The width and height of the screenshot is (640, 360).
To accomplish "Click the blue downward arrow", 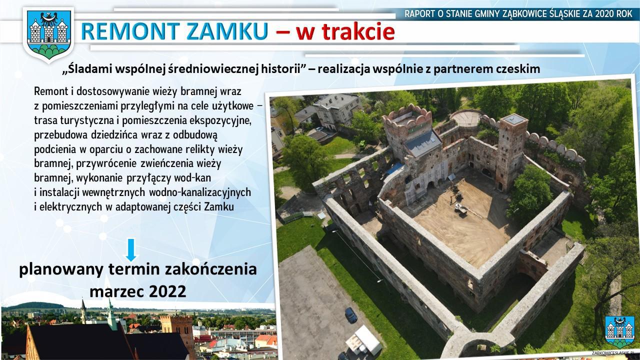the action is click(131, 249).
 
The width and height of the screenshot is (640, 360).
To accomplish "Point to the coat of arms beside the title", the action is click(48, 34).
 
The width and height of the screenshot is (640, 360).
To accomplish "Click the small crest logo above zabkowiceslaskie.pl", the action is click(619, 331).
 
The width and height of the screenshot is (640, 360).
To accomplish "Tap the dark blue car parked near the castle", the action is click(351, 315).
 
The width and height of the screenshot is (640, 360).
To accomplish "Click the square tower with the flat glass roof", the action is click(511, 151).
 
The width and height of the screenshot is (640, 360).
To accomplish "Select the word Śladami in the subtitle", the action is click(88, 69).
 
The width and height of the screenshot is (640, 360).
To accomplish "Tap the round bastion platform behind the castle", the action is click(466, 117).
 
